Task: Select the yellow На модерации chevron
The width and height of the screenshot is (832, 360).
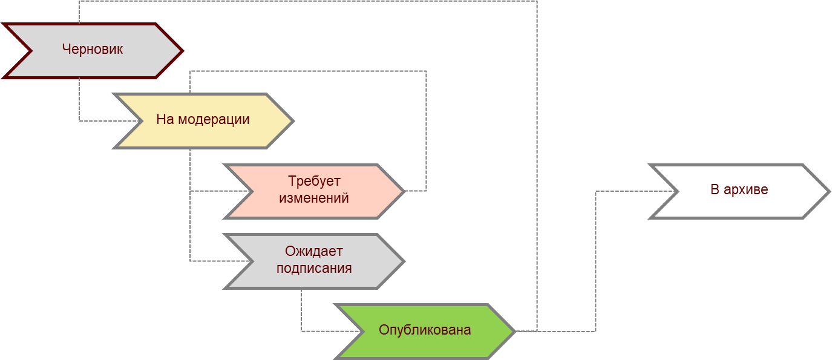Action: pos(203,120)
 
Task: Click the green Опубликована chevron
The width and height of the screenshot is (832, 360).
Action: pos(424,330)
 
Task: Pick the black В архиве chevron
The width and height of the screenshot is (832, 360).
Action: pos(739,190)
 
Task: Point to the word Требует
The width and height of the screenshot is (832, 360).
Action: pos(314,182)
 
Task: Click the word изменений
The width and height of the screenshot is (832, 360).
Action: pos(314,198)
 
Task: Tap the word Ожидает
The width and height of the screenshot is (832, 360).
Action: pos(314,252)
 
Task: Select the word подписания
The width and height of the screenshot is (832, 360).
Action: pos(314,268)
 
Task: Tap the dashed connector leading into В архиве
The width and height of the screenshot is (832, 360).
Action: pos(596,260)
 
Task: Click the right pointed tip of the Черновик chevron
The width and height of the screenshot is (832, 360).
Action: pos(180,50)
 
